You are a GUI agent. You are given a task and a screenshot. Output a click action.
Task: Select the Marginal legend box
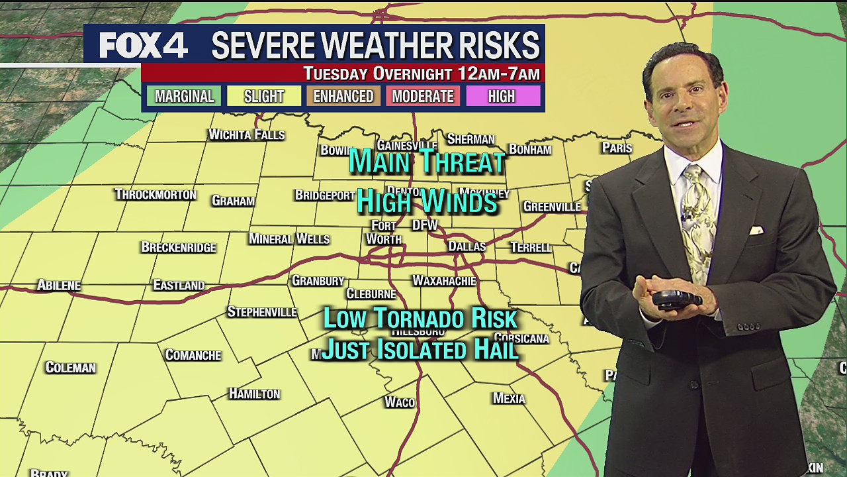(184, 96)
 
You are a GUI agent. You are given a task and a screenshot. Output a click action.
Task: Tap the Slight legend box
(263, 96)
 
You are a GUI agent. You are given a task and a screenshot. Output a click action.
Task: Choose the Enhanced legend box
(343, 96)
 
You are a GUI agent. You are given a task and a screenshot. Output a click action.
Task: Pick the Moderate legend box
(422, 96)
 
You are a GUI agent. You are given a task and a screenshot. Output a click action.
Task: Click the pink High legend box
(502, 96)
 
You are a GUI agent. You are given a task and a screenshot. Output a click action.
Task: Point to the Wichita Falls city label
(246, 134)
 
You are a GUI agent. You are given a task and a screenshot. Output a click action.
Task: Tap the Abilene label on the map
(59, 286)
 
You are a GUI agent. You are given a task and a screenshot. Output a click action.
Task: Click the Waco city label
(400, 402)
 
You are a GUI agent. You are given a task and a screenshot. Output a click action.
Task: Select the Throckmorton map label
(156, 194)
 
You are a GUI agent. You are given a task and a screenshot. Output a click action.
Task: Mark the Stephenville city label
(262, 311)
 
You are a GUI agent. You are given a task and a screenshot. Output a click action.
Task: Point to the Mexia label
(509, 398)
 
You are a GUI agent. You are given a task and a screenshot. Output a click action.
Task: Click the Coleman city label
(70, 368)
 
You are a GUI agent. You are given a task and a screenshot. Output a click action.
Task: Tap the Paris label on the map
(617, 148)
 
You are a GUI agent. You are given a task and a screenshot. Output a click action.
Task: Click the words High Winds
(427, 201)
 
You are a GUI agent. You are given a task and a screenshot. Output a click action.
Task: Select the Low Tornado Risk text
(420, 319)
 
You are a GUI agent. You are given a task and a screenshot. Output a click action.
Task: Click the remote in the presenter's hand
(676, 299)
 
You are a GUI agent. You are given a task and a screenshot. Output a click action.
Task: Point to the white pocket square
(756, 231)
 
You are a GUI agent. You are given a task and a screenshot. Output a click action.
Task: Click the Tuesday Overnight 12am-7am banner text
(422, 74)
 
